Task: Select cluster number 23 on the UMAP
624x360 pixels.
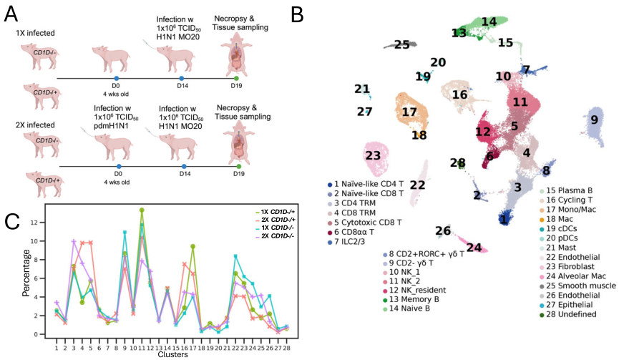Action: tap(372, 155)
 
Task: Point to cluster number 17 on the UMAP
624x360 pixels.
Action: tap(409, 112)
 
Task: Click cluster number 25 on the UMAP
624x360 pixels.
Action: tap(402, 44)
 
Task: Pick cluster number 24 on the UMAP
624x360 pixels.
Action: tap(474, 247)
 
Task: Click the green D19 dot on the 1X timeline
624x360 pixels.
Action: tap(238, 77)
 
